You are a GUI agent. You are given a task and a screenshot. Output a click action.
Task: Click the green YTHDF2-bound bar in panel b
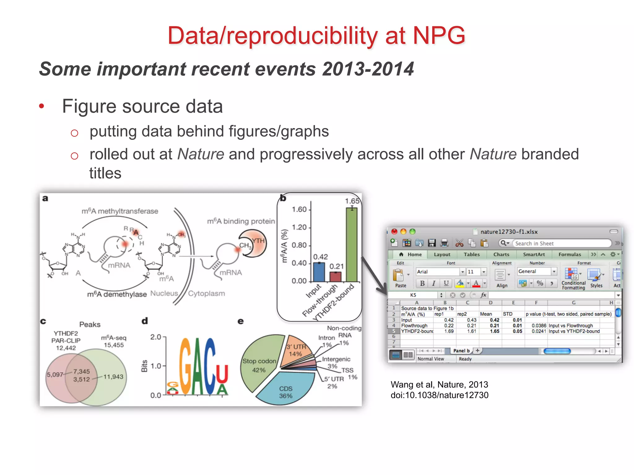pyautogui.click(x=351, y=244)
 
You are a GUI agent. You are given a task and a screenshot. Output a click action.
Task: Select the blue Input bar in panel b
pyautogui.click(x=319, y=272)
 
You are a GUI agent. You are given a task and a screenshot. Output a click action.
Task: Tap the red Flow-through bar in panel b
pyautogui.click(x=335, y=277)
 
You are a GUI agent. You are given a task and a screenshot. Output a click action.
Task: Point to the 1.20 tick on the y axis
pyautogui.click(x=299, y=227)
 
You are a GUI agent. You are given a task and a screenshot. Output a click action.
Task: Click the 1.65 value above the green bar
pyautogui.click(x=352, y=201)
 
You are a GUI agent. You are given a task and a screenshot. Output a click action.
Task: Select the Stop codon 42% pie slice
pyautogui.click(x=258, y=365)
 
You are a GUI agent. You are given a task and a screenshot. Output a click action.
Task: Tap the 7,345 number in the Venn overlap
pyautogui.click(x=81, y=371)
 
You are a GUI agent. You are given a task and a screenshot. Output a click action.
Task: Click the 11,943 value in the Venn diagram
pyautogui.click(x=113, y=377)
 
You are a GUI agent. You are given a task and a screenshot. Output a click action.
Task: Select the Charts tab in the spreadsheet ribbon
pyautogui.click(x=501, y=255)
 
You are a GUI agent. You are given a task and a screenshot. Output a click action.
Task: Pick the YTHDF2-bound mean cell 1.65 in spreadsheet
pyautogui.click(x=494, y=331)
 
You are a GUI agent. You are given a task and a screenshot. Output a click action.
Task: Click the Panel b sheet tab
pyautogui.click(x=461, y=351)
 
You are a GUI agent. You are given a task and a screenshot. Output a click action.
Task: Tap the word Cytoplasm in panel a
pyautogui.click(x=206, y=293)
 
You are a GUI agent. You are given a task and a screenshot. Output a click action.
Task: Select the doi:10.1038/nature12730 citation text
pyautogui.click(x=439, y=395)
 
